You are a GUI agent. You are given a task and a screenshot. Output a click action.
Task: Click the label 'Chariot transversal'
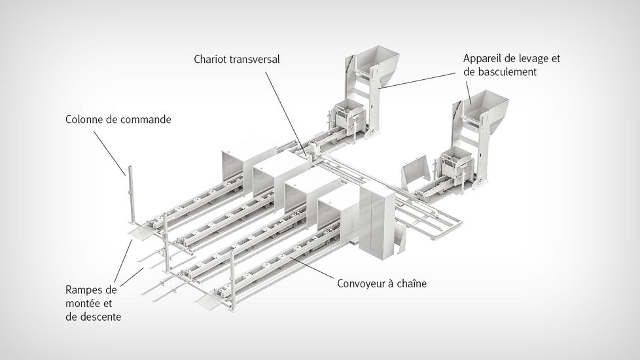click(236, 59)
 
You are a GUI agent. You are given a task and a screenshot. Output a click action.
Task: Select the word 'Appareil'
click(483, 58)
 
